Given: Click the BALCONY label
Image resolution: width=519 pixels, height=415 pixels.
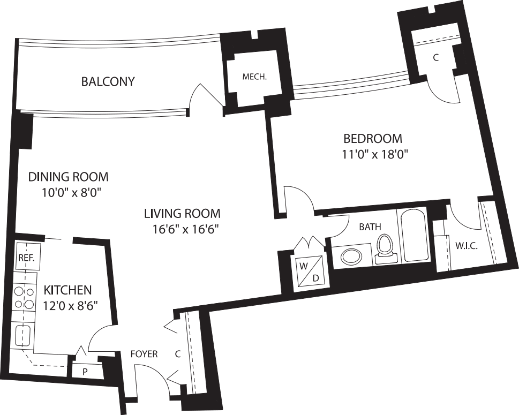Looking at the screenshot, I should pos(108,82).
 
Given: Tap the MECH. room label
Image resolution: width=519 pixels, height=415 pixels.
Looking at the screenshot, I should pos(254,77).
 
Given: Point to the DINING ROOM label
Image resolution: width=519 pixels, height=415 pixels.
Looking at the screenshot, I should pos(68,177).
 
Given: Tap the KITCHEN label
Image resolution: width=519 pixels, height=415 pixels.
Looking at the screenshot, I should pos(67,290).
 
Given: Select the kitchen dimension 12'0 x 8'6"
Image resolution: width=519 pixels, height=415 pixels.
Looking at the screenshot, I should pos(70,307).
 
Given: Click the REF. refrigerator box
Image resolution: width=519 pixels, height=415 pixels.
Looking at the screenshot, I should pos(26,258).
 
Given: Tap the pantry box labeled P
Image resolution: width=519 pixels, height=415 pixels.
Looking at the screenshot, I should pos(85,371).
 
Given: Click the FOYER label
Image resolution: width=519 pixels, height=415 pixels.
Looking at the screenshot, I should pos(144,354).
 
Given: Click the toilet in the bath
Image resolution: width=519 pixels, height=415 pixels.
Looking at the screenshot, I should pos(385,247).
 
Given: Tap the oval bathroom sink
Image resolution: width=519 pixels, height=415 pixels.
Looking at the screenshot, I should pos(351,256).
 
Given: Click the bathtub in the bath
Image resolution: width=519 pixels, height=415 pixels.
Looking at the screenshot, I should pos(413,236).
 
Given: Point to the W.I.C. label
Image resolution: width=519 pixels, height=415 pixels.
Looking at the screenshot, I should pos(466,246).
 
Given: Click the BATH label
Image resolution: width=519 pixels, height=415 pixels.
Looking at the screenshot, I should pos(370,227).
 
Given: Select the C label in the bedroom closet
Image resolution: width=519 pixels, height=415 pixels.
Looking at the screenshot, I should pos(435,58).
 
